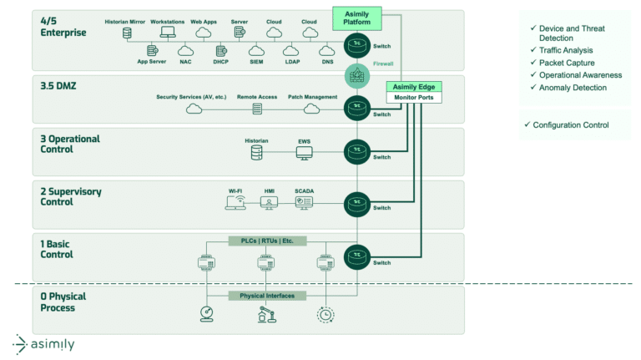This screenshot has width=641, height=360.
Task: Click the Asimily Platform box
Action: click(356, 18)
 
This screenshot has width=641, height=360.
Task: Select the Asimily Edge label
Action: click(414, 87)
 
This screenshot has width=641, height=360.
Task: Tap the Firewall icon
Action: click(357, 76)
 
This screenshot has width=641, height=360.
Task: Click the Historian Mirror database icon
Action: click(127, 33)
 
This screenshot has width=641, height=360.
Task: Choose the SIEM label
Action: click(255, 62)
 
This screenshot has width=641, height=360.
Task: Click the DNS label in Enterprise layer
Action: click(328, 62)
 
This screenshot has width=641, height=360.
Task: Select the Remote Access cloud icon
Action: click(256, 109)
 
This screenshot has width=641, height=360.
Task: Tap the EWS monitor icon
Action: click(304, 154)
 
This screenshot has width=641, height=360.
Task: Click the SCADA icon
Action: click(304, 203)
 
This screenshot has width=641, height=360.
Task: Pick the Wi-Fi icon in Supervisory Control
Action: click(235, 203)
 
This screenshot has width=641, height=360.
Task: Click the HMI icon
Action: click(269, 203)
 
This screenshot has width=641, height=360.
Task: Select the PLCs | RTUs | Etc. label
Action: click(267, 241)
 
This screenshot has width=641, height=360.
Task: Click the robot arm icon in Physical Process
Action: click(265, 315)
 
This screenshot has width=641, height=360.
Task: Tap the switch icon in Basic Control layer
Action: click(357, 255)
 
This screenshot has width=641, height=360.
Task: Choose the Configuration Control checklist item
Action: click(569, 125)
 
